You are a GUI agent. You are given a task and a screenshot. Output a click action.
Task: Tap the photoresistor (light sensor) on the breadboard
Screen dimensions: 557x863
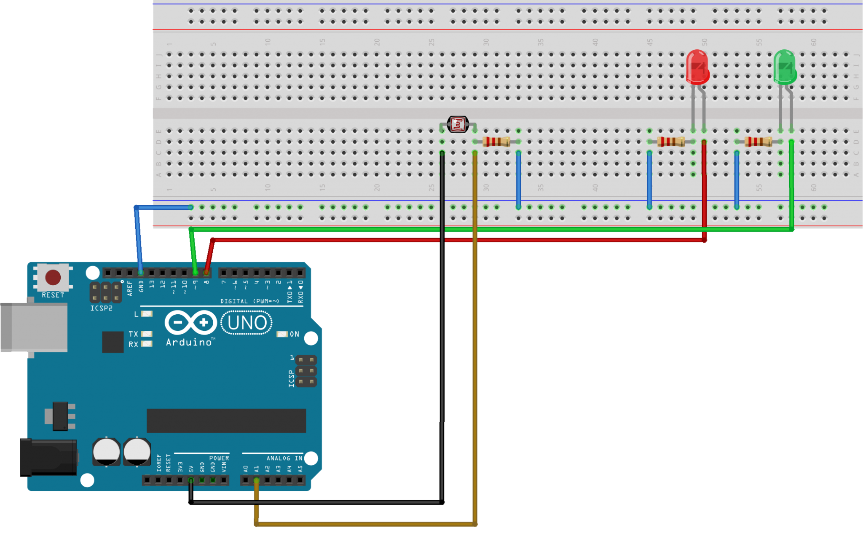point(458,124)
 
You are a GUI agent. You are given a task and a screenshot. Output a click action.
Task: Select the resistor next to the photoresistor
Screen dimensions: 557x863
point(496,142)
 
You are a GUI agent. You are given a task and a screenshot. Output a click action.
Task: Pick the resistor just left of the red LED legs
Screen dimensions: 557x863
point(671,142)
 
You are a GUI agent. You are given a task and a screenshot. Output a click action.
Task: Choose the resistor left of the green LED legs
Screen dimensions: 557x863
point(758,142)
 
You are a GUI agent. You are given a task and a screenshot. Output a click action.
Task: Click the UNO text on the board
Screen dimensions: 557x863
point(247,323)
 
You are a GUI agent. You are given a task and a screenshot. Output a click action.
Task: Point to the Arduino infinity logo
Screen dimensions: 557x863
point(190,323)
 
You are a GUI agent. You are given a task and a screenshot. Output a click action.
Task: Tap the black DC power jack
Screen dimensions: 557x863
point(48,457)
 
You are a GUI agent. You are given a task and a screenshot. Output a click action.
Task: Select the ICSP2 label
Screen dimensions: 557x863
point(101,308)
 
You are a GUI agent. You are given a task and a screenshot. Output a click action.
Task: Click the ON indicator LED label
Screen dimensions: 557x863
point(294,334)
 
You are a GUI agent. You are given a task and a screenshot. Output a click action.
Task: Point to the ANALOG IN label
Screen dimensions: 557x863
point(284,458)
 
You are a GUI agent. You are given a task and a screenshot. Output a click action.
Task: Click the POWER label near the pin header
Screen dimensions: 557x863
point(219,458)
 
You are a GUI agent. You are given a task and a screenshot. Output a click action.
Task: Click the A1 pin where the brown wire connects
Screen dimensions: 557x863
point(256,480)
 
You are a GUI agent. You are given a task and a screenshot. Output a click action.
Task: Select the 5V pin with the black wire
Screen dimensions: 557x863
point(191,480)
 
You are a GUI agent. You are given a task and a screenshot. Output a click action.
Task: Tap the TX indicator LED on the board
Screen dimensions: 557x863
point(146,334)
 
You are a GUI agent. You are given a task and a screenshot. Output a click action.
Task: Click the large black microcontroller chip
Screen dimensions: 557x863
point(226,420)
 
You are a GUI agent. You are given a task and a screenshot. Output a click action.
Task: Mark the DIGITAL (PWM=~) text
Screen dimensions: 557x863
point(249,301)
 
